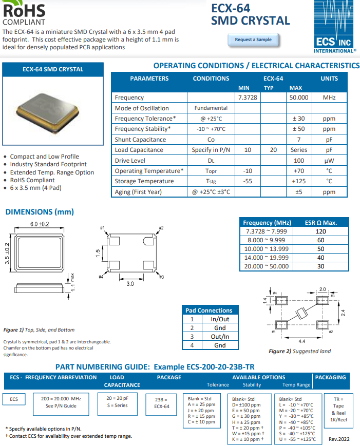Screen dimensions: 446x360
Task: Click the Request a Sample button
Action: point(253,40)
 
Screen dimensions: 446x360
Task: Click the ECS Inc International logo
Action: point(334,28)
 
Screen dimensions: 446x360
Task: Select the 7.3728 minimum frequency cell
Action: point(248,98)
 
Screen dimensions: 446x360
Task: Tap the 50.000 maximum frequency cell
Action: point(299,98)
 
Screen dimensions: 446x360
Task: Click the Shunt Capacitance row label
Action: point(140,140)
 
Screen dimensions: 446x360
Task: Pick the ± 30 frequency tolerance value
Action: point(299,119)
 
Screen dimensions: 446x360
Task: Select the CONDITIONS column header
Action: point(211,79)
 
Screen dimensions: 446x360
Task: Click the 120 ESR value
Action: point(320,231)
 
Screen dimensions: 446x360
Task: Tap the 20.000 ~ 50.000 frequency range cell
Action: point(266,266)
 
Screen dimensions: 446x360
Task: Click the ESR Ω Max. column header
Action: point(321,223)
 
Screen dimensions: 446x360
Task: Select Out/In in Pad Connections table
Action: point(220,337)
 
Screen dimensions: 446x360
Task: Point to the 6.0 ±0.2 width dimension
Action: point(39,224)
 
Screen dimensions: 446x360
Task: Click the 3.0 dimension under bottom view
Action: point(130,283)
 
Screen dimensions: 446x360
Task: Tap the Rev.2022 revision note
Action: point(339,439)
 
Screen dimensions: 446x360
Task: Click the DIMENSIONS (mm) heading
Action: point(40,211)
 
